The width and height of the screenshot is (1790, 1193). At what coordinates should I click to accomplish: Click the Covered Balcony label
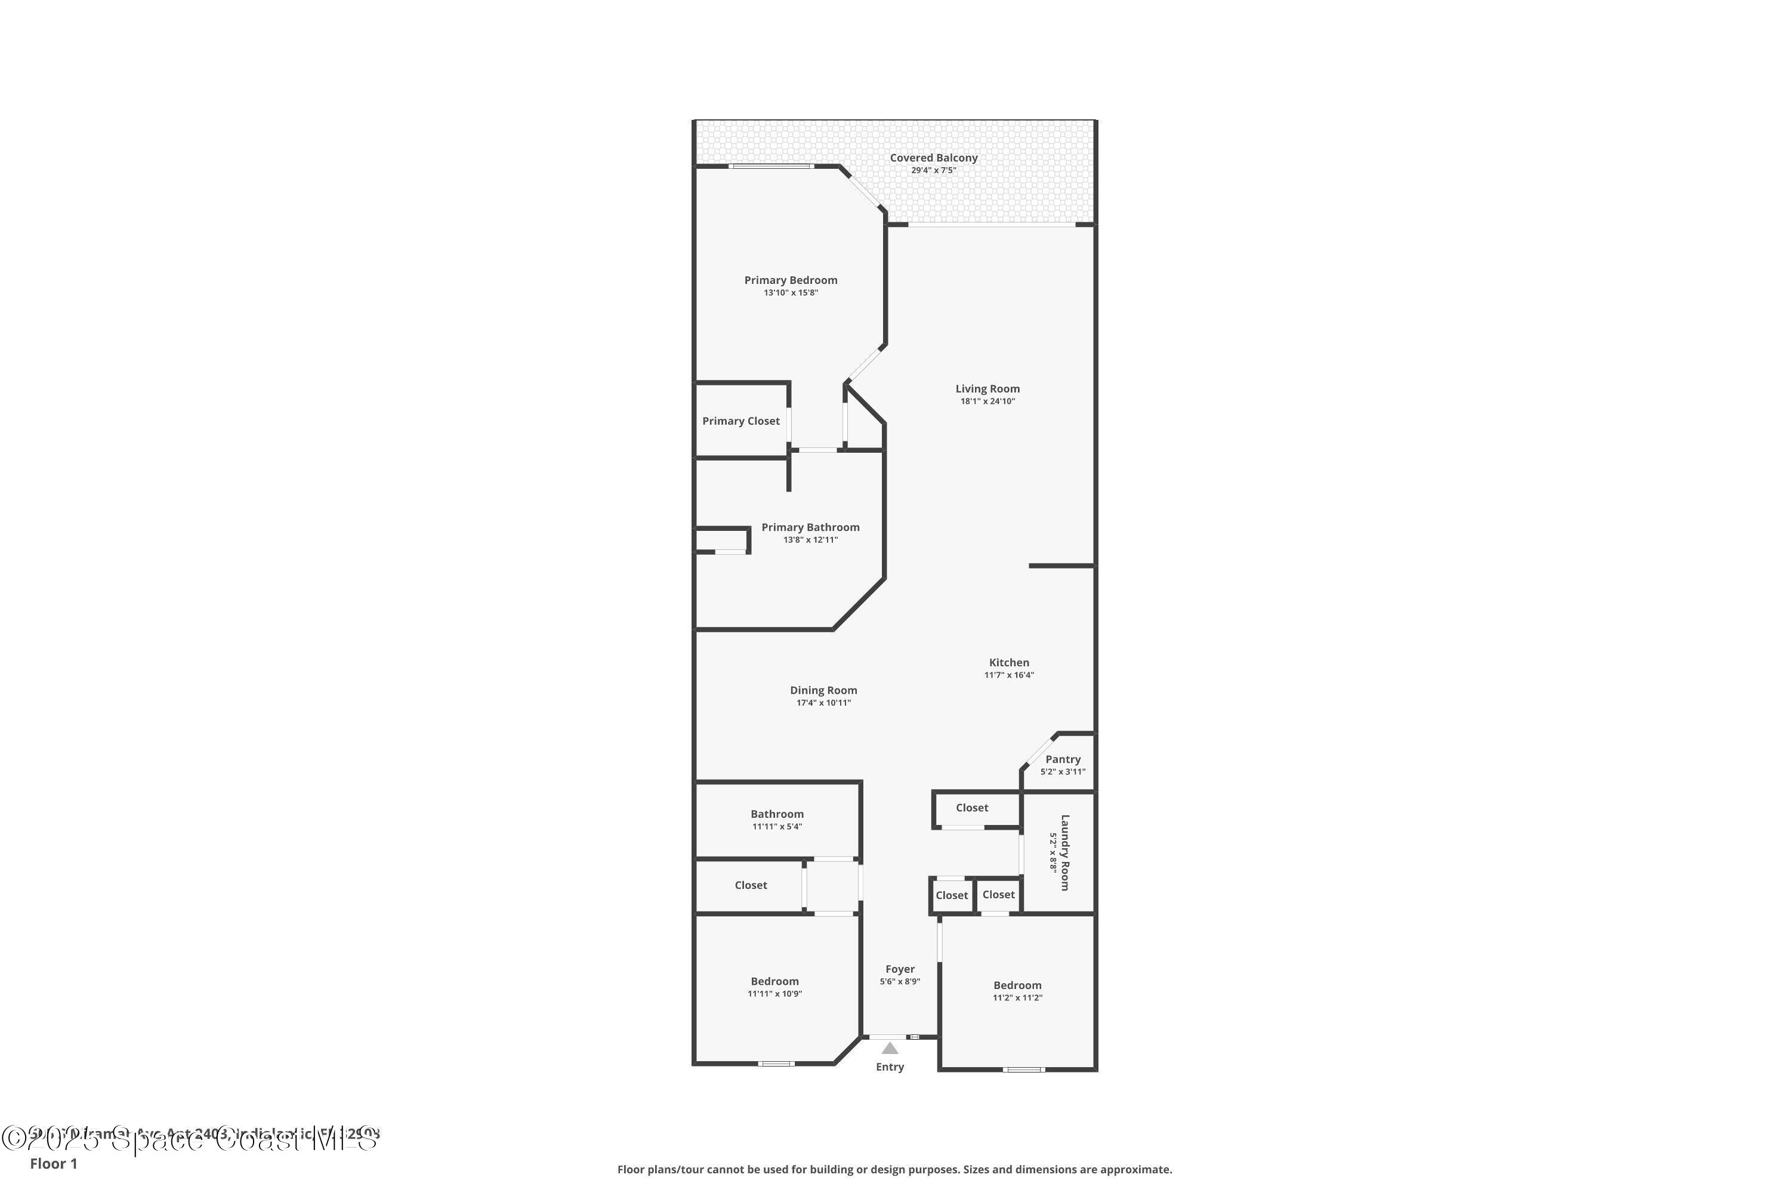933,158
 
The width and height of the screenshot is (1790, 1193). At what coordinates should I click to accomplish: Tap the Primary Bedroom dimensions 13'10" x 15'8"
791,293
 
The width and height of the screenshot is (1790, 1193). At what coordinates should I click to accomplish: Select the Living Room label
987,389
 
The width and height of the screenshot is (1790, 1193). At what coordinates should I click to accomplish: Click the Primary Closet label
740,421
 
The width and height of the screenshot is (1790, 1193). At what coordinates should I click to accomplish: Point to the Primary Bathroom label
810,527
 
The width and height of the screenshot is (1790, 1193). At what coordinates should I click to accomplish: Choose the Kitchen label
1008,663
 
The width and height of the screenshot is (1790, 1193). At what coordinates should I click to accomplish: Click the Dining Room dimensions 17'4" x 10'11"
823,703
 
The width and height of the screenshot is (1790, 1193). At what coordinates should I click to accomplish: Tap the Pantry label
1063,759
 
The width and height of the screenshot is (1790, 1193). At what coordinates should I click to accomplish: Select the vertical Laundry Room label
1064,852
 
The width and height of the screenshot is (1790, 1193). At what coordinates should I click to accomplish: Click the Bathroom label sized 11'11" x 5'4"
777,814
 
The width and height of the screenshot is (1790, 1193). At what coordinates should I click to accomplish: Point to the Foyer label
900,969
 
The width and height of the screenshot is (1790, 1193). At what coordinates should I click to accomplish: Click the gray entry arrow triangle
890,1049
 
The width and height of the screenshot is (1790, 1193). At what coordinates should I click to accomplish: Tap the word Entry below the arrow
890,1067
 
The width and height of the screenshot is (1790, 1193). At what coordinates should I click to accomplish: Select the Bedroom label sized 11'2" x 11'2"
1017,985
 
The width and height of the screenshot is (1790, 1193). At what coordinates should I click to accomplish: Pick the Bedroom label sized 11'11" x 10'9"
774,981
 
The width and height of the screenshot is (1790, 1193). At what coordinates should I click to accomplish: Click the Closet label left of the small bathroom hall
751,885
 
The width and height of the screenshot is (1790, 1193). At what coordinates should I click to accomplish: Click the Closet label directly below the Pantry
972,808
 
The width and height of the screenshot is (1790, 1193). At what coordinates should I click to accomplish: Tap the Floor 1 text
53,1163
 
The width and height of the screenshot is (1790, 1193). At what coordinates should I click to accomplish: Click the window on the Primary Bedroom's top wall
770,166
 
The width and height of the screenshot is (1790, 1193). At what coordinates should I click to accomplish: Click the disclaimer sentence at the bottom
894,1169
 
